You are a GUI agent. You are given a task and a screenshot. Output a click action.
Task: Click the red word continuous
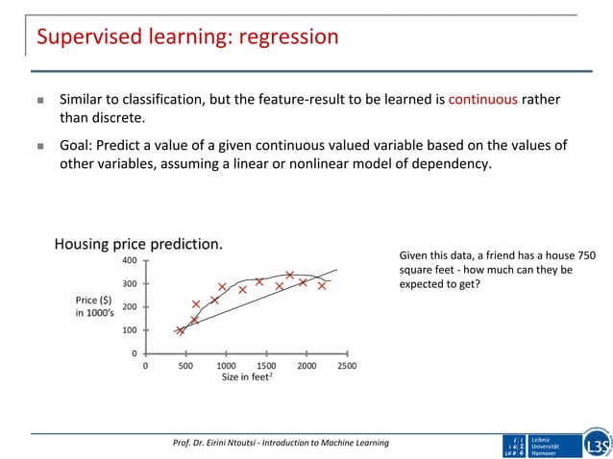pyautogui.click(x=482, y=99)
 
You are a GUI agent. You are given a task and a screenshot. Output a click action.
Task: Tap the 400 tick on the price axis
pyautogui.click(x=127, y=260)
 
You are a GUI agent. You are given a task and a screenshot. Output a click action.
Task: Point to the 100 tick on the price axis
pyautogui.click(x=127, y=330)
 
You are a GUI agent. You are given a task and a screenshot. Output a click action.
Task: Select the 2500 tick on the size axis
pyautogui.click(x=348, y=366)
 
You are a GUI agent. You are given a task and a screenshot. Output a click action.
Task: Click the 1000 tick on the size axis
pyautogui.click(x=227, y=366)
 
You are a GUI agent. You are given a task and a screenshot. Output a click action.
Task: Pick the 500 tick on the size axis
pyautogui.click(x=185, y=366)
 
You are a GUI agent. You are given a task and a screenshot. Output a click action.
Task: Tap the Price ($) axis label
pyautogui.click(x=94, y=301)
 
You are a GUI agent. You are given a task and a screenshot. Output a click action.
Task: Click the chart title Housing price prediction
pyautogui.click(x=137, y=244)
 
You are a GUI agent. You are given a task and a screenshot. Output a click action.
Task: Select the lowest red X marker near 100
pyautogui.click(x=180, y=330)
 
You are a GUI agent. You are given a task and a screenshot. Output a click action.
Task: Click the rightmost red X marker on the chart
pyautogui.click(x=322, y=285)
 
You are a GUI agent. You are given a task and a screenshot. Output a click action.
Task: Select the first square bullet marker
pyautogui.click(x=40, y=100)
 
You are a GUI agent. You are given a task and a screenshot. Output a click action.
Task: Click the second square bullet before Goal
pyautogui.click(x=40, y=146)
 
